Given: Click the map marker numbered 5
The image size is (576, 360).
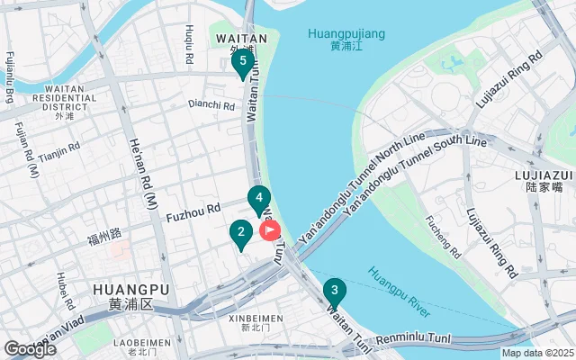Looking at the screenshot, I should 241,63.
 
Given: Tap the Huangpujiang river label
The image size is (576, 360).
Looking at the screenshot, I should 346,39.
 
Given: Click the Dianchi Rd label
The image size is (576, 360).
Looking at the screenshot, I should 211,105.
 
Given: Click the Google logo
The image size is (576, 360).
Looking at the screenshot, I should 29,348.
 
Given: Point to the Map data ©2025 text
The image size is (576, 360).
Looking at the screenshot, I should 536,354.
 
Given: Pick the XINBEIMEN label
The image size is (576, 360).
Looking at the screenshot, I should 256,319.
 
